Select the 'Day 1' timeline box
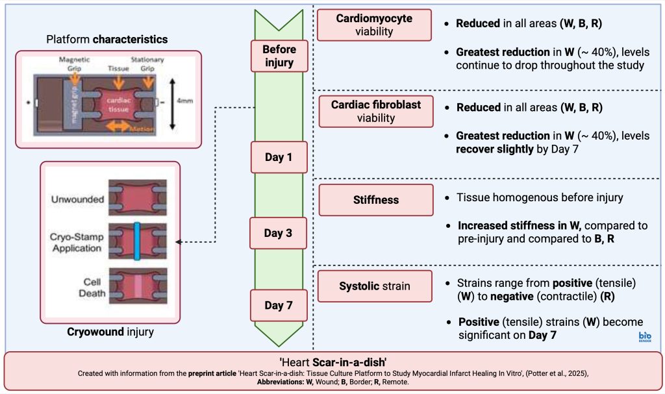(x=280, y=157)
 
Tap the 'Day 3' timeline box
(x=280, y=233)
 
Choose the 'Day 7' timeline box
(x=280, y=305)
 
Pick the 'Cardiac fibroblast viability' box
(x=373, y=111)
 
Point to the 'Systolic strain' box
(x=373, y=286)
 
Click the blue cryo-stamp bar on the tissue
(x=137, y=241)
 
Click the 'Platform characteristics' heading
(x=107, y=40)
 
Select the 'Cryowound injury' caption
(x=110, y=332)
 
